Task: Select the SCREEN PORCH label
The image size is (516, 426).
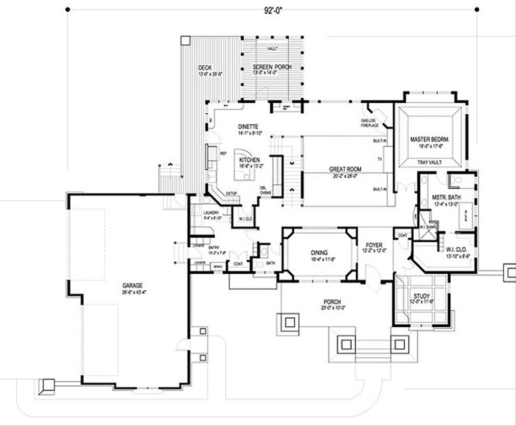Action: click(x=272, y=67)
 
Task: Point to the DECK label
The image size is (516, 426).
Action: click(x=205, y=67)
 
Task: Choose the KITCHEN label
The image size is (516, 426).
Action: click(x=249, y=160)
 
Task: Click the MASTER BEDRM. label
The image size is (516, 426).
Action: click(x=429, y=139)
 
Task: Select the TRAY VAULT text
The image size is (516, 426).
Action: click(x=430, y=163)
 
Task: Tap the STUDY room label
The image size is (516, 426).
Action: click(x=421, y=296)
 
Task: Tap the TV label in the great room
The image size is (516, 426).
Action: click(x=380, y=159)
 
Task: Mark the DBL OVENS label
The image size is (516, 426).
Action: click(x=264, y=190)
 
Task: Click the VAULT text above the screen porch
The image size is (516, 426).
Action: click(x=272, y=48)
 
